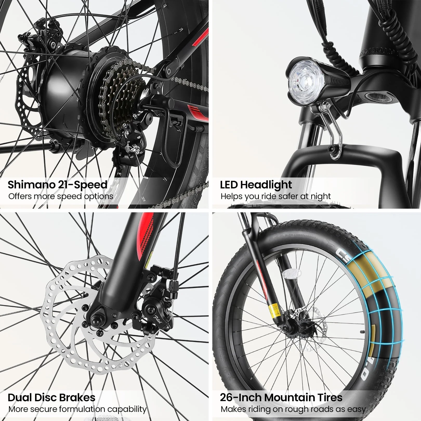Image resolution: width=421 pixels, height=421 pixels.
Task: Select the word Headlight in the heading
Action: pos(266,185)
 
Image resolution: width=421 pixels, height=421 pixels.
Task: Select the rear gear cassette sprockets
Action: pos(122,94)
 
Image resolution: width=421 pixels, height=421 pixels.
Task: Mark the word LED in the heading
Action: pos(229,185)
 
